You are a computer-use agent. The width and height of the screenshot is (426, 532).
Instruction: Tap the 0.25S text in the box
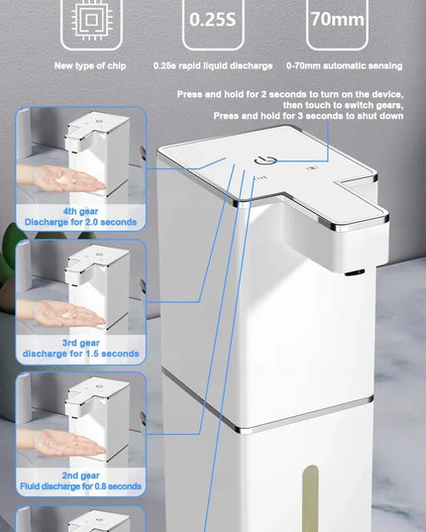pos(213,20)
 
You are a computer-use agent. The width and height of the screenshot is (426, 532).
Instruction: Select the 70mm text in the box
pos(338,19)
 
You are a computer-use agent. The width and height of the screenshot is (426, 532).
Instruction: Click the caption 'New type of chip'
pos(90,65)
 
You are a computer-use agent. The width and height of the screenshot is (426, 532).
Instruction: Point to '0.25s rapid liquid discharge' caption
pos(213,65)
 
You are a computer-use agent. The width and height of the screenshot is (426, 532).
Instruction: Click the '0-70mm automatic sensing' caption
pos(345,65)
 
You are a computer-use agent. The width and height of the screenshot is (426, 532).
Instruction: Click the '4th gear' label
pos(80,211)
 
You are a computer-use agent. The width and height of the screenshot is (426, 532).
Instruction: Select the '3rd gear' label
pos(80,343)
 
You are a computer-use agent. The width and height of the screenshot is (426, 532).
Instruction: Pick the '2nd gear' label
pos(80,476)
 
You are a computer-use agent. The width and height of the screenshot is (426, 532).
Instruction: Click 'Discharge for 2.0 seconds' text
pos(80,222)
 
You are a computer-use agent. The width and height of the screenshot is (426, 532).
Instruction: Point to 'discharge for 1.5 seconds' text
pos(80,354)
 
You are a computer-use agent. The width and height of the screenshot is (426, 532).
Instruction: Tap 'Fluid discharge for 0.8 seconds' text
pos(80,486)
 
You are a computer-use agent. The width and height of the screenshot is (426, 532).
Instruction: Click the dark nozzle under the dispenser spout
pos(355,272)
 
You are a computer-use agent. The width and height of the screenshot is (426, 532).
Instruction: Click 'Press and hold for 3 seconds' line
pos(308,116)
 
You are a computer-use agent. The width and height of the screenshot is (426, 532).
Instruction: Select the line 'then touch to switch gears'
pos(343,105)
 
